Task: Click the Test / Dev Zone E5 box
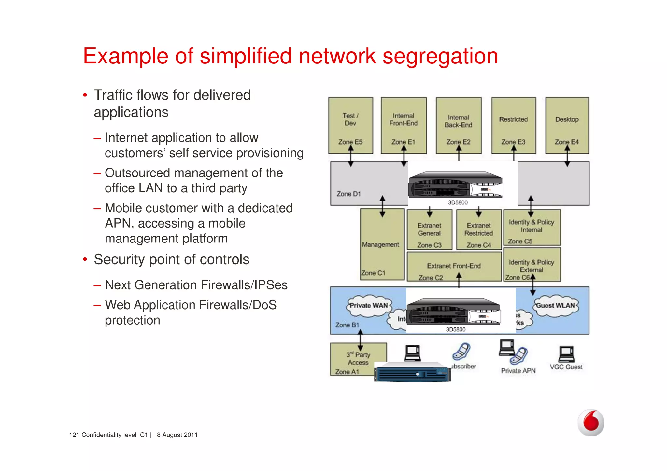[350, 125]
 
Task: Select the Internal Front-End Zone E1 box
[404, 125]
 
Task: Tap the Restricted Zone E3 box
[513, 125]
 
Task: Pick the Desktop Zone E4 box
[567, 125]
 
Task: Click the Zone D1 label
[348, 194]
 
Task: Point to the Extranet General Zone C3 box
[429, 230]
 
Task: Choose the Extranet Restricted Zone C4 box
[479, 230]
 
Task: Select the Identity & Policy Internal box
[532, 227]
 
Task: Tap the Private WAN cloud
[368, 306]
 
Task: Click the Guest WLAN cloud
[556, 306]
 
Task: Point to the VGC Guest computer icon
[566, 354]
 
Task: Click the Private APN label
[518, 371]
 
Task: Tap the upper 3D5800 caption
[458, 203]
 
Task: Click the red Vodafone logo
[591, 423]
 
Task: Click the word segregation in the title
[440, 56]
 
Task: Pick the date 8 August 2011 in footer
[177, 435]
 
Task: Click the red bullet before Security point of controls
[85, 260]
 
